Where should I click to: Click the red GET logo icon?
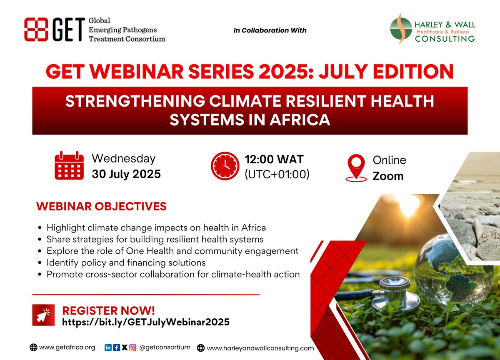[37, 30]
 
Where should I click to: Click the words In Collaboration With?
[270, 30]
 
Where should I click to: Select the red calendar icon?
[70, 165]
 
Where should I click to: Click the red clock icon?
[225, 166]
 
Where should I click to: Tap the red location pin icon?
[356, 167]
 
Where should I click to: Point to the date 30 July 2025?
[126, 174]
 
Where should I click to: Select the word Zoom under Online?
[388, 176]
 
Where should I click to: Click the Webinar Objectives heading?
[101, 207]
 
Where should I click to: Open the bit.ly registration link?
[146, 322]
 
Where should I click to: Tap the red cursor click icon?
[45, 315]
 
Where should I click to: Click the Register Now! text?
[108, 310]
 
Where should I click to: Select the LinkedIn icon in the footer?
[108, 347]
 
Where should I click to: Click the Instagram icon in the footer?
[132, 347]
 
